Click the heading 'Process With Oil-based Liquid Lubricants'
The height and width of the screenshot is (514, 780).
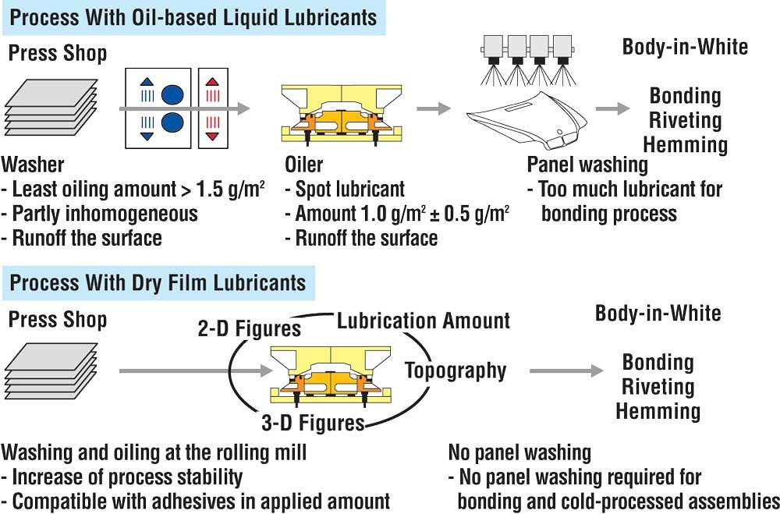193,17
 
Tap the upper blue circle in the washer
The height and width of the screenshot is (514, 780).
172,94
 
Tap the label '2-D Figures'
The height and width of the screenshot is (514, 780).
249,328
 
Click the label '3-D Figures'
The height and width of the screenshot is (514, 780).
313,423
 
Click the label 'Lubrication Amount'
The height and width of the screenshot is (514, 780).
424,321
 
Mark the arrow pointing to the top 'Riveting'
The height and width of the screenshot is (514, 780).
612,108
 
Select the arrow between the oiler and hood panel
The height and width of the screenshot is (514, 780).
434,108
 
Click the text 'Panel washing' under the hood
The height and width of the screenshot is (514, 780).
587,165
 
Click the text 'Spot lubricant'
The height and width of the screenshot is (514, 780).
349,189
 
